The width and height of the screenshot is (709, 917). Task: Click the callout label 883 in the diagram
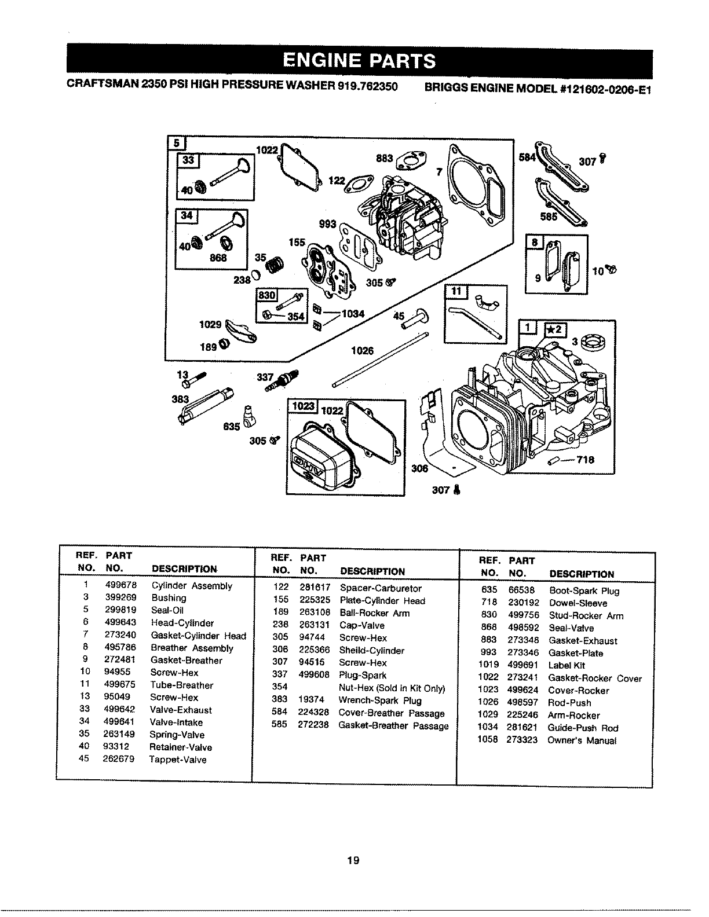point(385,157)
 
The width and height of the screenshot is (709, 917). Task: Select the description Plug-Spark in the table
point(363,675)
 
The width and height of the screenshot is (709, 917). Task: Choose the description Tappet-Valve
point(178,760)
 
